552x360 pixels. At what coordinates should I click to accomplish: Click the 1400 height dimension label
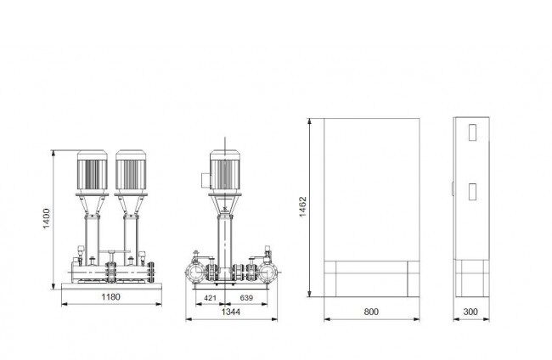[46, 218]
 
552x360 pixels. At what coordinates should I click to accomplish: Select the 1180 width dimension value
[111, 297]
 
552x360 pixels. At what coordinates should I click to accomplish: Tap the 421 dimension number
[210, 298]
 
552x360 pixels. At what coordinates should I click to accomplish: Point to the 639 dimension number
[246, 298]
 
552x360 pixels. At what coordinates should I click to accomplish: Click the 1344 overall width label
[231, 312]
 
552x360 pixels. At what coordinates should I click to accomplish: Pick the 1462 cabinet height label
[303, 207]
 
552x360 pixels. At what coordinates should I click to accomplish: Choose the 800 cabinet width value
[371, 312]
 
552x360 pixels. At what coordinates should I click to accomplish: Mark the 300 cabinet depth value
[470, 312]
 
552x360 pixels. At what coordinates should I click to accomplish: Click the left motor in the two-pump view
[93, 172]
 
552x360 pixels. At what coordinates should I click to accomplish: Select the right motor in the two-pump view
[131, 172]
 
